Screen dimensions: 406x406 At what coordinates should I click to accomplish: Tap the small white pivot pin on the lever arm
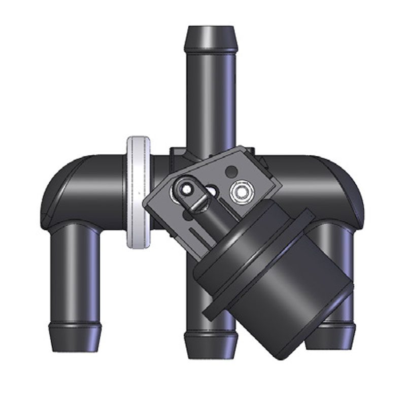[x=186, y=189]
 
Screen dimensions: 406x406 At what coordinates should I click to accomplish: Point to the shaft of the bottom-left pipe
[x=75, y=274]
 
